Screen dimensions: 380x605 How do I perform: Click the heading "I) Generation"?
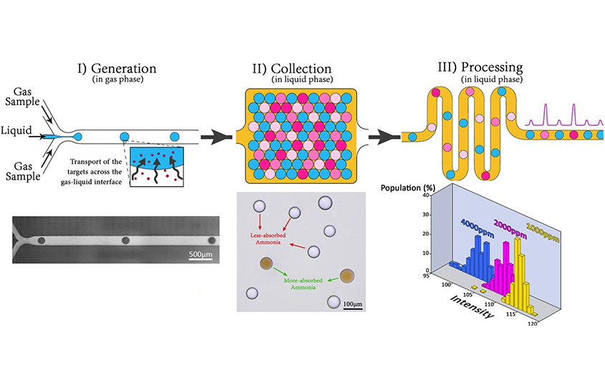pos(117,69)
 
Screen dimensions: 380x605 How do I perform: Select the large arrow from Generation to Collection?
pos(217,135)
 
